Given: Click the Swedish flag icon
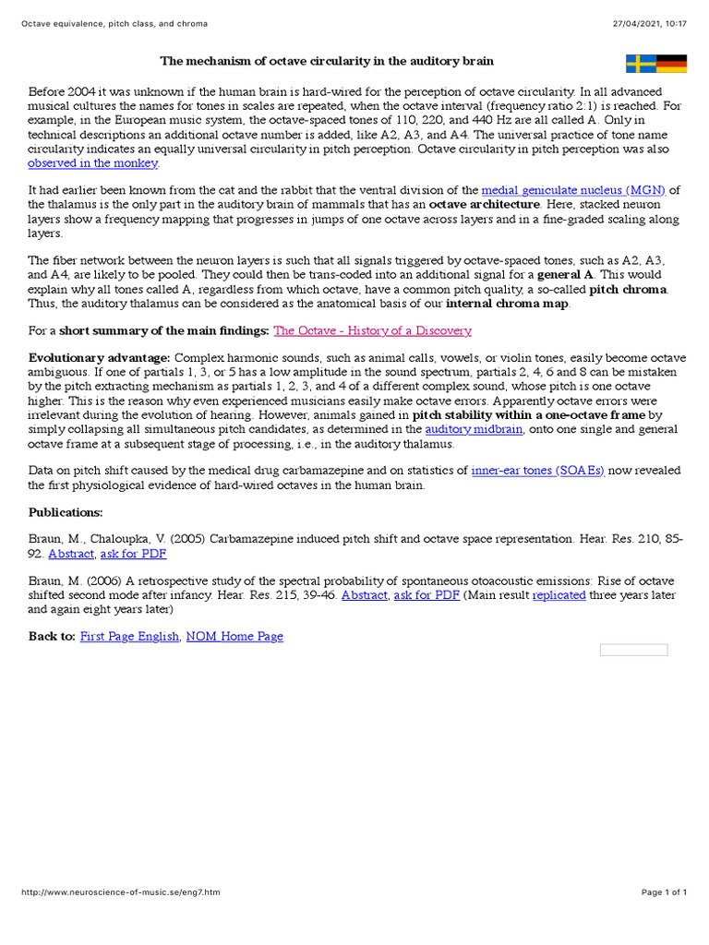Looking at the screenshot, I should coord(641,63).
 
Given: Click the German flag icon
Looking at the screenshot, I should coord(672,63).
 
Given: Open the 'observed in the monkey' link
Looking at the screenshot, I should coord(93,163).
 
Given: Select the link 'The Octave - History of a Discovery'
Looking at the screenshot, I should coord(372,330).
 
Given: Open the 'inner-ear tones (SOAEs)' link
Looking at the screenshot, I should coord(537,471).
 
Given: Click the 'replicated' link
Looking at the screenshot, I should coord(559,595).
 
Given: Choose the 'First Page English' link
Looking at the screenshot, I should coord(129,636).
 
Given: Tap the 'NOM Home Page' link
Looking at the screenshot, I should coord(234,636).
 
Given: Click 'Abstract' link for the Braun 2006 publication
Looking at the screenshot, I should coord(365,595).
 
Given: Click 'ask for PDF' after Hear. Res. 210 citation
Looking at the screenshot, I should coord(133,554).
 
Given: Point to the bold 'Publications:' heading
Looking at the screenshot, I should coord(66,511).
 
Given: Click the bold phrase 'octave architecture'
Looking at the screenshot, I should coord(484,204).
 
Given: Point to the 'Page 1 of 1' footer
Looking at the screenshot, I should coord(665,892).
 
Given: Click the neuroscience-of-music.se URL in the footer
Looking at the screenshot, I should coord(120,892).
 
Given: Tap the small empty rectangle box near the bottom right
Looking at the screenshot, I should coord(633,650).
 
